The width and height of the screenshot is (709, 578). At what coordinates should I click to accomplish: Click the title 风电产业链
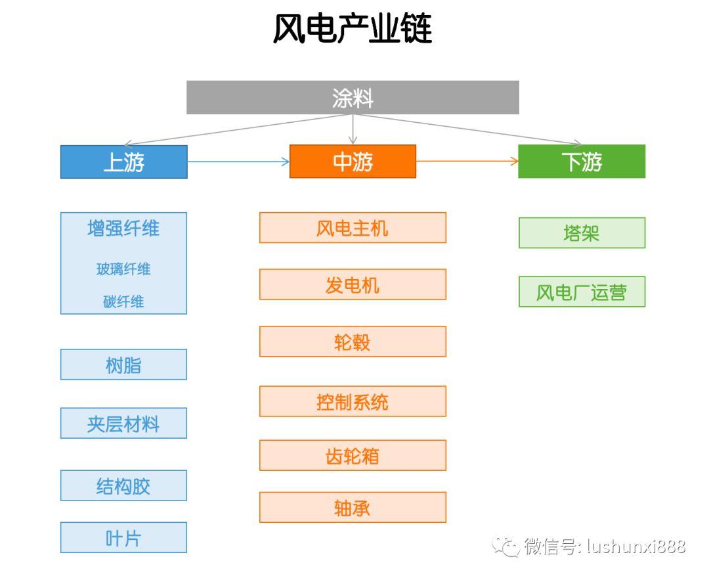tap(353, 28)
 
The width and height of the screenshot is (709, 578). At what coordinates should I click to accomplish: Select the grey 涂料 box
tap(353, 97)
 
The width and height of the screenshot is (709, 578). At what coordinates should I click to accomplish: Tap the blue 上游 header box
tap(124, 162)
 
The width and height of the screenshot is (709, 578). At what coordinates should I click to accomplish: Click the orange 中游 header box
tap(353, 161)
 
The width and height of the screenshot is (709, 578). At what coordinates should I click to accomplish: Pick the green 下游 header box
tap(582, 161)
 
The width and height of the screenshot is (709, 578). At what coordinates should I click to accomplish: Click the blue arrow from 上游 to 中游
tap(238, 162)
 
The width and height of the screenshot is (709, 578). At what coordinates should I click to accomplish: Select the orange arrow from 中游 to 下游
tap(467, 161)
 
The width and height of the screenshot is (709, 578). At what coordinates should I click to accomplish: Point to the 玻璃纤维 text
tap(123, 269)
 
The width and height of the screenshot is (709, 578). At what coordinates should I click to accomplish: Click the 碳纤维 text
tap(123, 301)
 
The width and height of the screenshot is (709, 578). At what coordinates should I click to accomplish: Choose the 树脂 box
tap(123, 364)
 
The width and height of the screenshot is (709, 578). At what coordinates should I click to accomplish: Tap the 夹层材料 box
tap(123, 423)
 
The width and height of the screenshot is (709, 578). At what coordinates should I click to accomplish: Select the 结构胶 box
tap(123, 485)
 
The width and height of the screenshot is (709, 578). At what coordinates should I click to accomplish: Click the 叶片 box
tap(123, 537)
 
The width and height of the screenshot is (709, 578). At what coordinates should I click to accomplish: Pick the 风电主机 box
tap(353, 227)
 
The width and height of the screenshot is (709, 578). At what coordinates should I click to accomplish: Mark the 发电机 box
tap(353, 284)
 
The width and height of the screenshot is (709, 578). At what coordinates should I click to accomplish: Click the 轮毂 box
tap(353, 342)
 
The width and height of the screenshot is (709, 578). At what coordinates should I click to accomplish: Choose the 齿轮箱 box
tap(353, 455)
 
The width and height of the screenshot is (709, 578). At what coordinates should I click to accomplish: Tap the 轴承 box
tap(353, 507)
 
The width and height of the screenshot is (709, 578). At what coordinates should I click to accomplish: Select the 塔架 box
tap(582, 233)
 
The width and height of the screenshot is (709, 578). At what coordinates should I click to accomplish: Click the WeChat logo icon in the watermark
tap(506, 546)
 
